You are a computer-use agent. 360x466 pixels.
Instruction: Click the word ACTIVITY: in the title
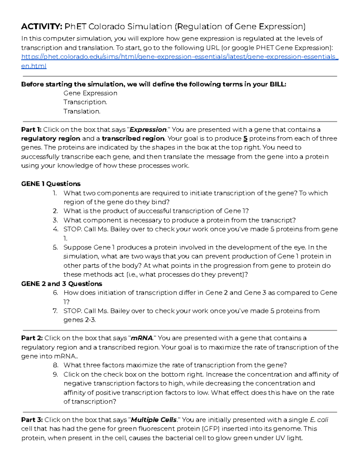click(x=41, y=27)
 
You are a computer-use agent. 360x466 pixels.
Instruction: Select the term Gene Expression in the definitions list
click(x=90, y=93)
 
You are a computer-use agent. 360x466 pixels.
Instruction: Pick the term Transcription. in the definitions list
click(x=85, y=102)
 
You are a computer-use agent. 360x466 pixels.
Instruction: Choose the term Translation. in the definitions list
click(x=82, y=111)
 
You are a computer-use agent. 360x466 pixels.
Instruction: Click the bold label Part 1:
click(x=31, y=130)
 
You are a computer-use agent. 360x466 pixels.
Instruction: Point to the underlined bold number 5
click(x=245, y=139)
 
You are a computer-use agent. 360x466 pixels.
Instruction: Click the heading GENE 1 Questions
click(x=51, y=184)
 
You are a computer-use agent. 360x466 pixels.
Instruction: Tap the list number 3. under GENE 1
click(x=55, y=220)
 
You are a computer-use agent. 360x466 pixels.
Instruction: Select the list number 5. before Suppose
click(x=55, y=248)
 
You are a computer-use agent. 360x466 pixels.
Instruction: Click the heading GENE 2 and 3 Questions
click(x=61, y=284)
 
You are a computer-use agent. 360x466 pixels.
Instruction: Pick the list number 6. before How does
click(x=55, y=293)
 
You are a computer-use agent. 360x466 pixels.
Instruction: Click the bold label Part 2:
click(x=32, y=338)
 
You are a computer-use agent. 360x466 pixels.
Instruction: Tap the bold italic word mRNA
click(x=142, y=338)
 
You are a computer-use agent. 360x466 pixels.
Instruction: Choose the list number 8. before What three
click(x=55, y=365)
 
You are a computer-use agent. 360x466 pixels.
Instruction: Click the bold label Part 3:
click(x=32, y=420)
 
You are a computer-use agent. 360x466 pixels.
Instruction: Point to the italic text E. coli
click(x=319, y=420)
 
